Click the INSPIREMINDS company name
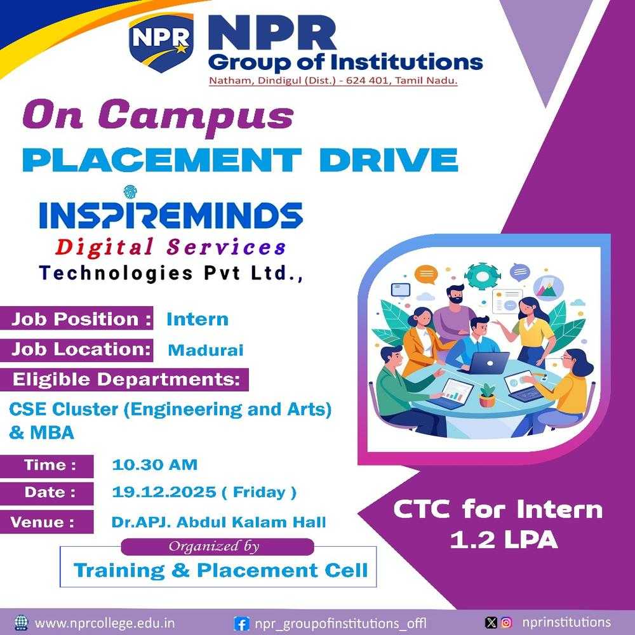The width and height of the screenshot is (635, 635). (171, 215)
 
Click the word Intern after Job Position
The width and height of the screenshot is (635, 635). (197, 319)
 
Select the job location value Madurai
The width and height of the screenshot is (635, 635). (205, 350)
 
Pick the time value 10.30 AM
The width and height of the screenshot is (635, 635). (154, 465)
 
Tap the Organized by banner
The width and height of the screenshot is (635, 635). (217, 546)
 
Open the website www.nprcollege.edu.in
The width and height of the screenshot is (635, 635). (105, 623)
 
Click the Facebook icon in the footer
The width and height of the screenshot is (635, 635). (241, 624)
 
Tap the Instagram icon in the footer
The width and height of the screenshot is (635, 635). (506, 623)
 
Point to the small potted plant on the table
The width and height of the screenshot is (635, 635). (488, 396)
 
